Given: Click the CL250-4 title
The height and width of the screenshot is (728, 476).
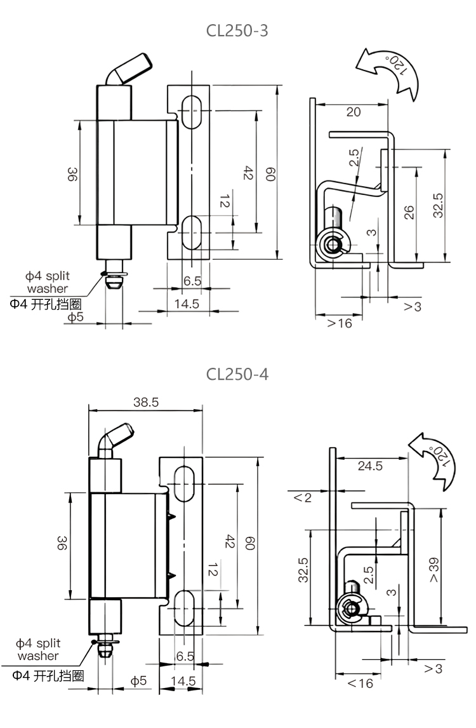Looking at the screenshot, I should pyautogui.click(x=237, y=374).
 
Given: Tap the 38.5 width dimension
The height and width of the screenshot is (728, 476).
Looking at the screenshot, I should pyautogui.click(x=146, y=402).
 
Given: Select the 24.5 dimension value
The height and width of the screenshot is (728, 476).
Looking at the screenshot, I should pyautogui.click(x=370, y=466).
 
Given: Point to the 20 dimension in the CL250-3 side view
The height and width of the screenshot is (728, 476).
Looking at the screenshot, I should pyautogui.click(x=354, y=112).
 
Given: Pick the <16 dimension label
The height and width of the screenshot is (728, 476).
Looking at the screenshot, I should pyautogui.click(x=360, y=684).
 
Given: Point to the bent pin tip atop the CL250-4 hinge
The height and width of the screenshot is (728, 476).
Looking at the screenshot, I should pyautogui.click(x=117, y=438).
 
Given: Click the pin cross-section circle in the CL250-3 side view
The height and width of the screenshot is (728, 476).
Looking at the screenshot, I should pyautogui.click(x=331, y=245).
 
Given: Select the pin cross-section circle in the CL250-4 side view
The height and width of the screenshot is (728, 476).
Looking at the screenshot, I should pyautogui.click(x=348, y=609).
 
